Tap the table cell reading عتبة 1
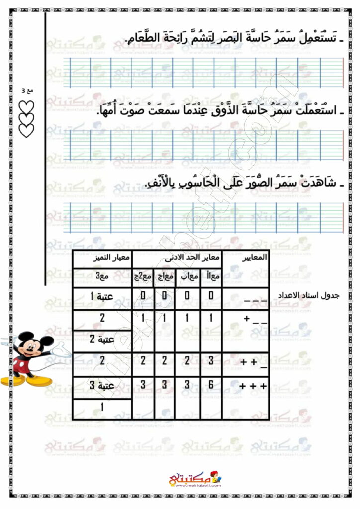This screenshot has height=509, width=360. click(x=103, y=297)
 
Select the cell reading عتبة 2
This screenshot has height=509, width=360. click(x=103, y=340)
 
